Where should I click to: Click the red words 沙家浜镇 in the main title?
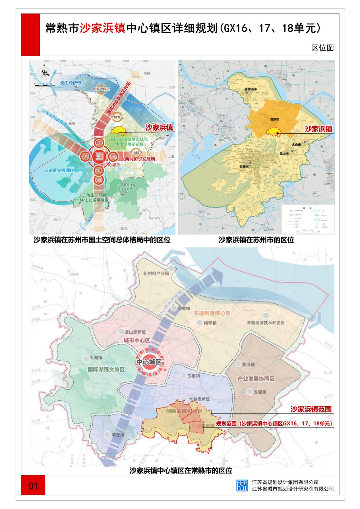tap(102, 28)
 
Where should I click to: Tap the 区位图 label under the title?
tap(322, 48)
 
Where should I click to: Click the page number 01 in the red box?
tap(33, 486)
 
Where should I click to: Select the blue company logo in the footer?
tap(242, 485)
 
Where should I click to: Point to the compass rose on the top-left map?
tap(44, 72)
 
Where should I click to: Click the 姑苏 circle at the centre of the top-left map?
tap(99, 157)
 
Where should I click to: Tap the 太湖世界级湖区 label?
tap(59, 170)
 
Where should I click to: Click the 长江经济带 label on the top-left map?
tap(71, 83)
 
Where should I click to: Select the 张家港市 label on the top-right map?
tap(251, 89)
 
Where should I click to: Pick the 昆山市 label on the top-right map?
tap(284, 154)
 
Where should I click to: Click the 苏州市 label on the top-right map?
tap(244, 166)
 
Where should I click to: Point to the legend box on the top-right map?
tap(308, 219)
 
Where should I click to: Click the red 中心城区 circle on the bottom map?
tap(149, 362)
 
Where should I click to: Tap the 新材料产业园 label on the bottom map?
tap(156, 273)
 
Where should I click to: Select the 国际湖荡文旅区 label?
tap(106, 369)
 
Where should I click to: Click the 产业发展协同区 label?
tap(256, 379)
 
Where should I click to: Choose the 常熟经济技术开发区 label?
tap(265, 323)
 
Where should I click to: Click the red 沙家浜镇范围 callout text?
tap(311, 409)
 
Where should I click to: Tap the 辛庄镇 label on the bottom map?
tap(118, 435)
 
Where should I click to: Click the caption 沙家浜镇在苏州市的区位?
tap(256, 240)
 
